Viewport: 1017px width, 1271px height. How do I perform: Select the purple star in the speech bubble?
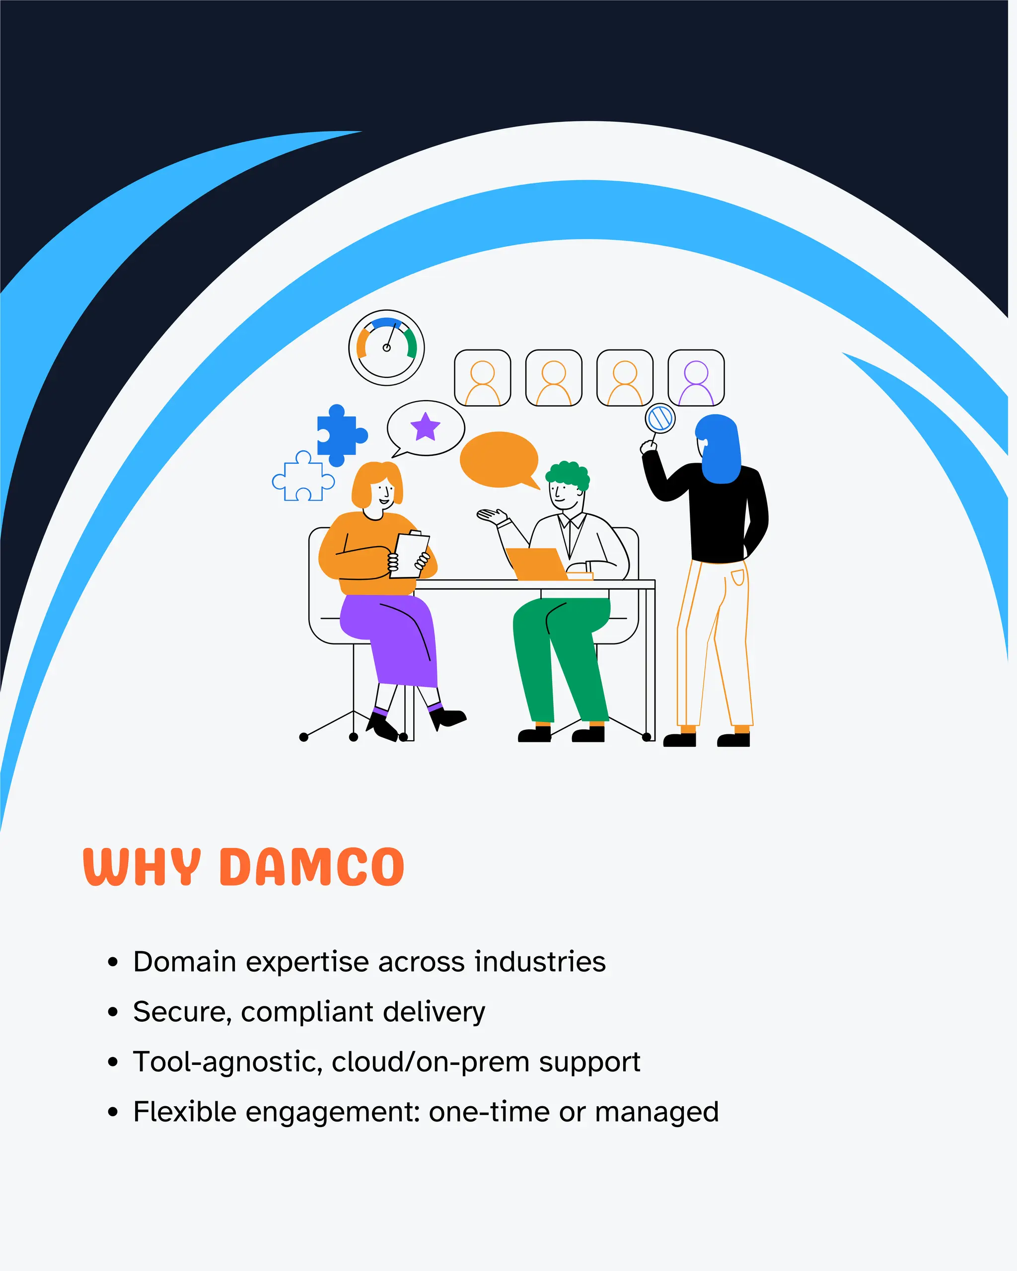point(425,427)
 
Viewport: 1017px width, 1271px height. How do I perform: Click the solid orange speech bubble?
point(499,460)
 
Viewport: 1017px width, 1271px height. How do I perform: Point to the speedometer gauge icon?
point(386,348)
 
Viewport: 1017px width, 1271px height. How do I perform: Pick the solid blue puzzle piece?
point(338,435)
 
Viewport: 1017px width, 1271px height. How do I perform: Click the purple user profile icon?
point(696,378)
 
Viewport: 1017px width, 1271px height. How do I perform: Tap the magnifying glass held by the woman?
point(660,419)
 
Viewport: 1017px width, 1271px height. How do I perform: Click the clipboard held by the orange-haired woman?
point(410,555)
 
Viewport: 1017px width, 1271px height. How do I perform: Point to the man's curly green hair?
point(568,474)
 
